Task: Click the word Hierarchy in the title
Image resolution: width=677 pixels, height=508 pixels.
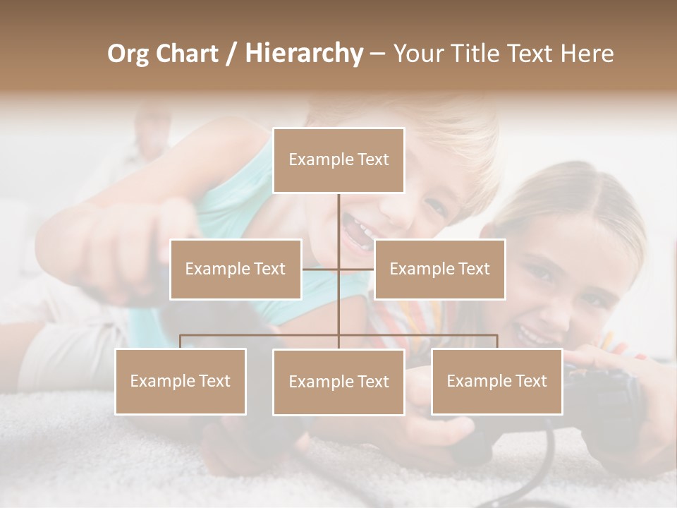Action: click(304, 54)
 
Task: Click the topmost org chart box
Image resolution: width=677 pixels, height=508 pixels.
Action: click(338, 160)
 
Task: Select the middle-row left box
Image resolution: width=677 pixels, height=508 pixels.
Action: click(236, 269)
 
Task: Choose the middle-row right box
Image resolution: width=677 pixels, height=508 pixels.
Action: click(439, 269)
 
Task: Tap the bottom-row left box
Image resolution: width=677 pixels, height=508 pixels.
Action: click(181, 381)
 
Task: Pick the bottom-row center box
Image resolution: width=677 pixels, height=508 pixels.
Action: click(338, 382)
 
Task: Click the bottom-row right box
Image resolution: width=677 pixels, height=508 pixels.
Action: click(496, 381)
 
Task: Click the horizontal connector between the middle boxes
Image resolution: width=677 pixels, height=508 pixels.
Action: click(338, 269)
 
